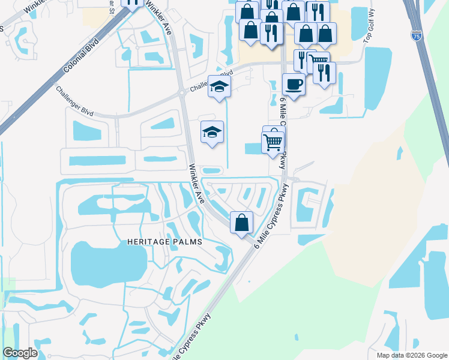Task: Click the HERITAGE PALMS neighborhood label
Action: coord(164,241)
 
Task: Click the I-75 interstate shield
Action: coord(416,37)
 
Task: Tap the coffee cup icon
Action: coord(293,85)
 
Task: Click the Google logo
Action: coord(20,353)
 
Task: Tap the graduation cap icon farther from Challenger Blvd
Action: coord(212,132)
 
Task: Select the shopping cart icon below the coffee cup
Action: coord(273,142)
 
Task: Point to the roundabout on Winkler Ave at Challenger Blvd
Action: coord(181,93)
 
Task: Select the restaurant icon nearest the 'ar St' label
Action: coord(132,2)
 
